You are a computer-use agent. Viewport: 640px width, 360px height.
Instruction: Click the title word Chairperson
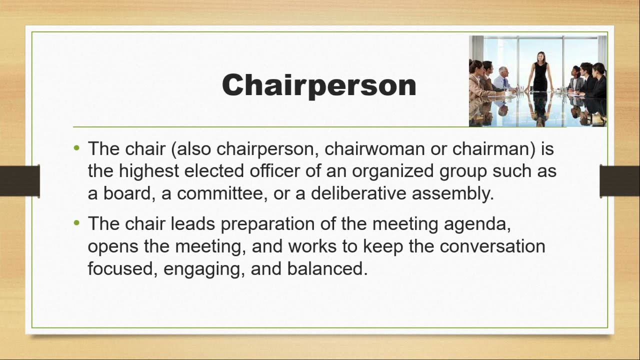coord(319,85)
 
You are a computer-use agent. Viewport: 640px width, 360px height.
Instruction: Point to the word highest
coord(148,171)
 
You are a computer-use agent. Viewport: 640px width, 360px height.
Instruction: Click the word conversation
coord(492,246)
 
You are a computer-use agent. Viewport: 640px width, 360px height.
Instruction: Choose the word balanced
coord(327,268)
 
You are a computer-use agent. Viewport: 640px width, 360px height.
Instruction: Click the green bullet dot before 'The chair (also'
coord(76,148)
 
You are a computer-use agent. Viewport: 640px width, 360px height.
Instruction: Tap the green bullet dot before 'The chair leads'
coord(76,223)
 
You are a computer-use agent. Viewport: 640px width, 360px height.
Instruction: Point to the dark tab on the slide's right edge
coord(620,180)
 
